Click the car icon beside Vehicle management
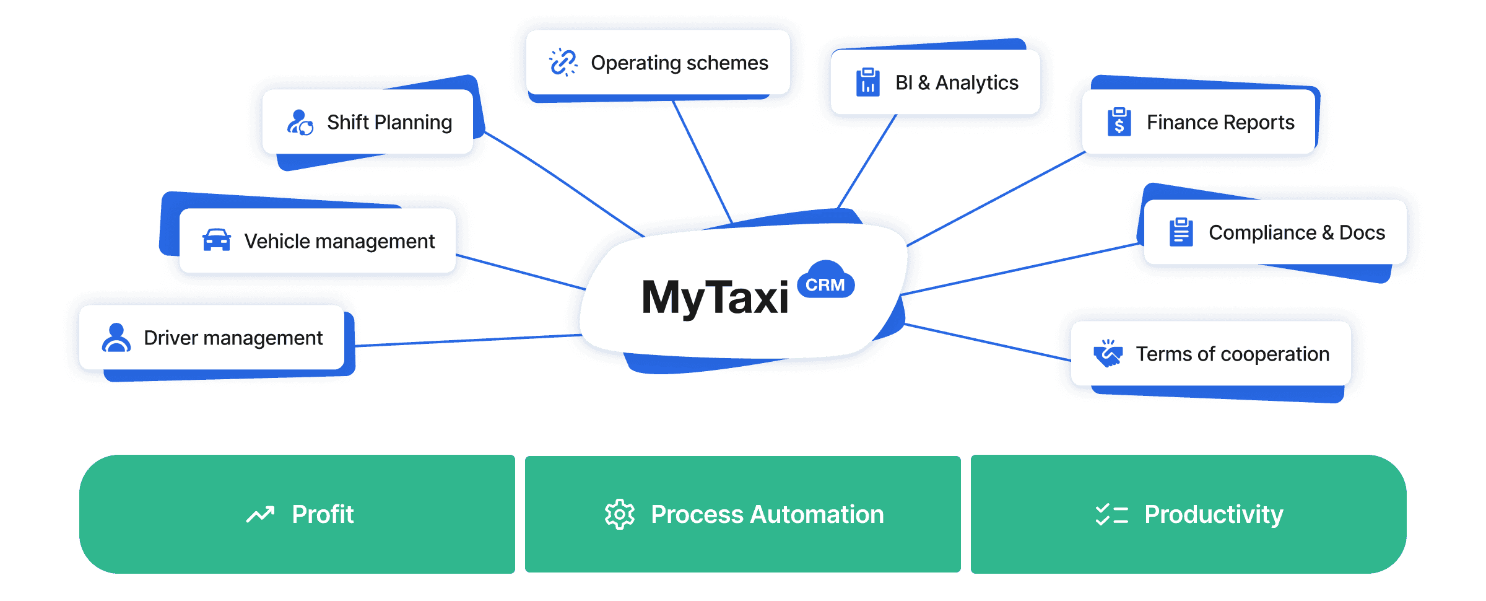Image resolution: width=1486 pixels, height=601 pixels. tap(216, 240)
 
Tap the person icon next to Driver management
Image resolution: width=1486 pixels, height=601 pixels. tap(116, 338)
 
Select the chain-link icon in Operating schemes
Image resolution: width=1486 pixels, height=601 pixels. tap(563, 63)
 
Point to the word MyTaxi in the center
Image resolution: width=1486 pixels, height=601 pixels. tap(715, 298)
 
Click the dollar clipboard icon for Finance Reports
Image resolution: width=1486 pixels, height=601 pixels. tap(1119, 122)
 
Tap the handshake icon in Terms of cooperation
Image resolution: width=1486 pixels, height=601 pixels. tap(1108, 353)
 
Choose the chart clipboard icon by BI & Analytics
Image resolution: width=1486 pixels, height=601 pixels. tap(867, 82)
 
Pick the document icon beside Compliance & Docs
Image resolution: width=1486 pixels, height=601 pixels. tap(1181, 232)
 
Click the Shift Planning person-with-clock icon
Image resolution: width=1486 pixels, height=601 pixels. tap(300, 123)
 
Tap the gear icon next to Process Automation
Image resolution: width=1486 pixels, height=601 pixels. tap(619, 514)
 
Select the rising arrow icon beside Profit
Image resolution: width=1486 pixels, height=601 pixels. tap(260, 514)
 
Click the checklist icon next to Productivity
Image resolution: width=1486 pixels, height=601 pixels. tap(1111, 514)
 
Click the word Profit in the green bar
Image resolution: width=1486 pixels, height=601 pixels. tap(323, 514)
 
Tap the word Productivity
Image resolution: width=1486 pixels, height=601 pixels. tap(1214, 514)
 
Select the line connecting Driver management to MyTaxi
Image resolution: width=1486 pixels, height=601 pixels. tap(464, 340)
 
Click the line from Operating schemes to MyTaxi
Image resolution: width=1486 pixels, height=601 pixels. tap(703, 161)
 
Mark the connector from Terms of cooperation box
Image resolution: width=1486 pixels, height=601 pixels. tap(991, 342)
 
